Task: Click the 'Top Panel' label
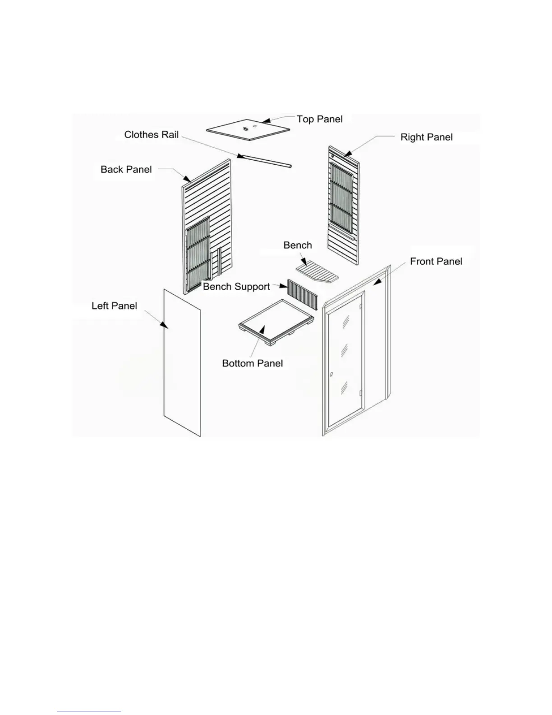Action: tap(319, 119)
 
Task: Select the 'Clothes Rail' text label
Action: tap(151, 135)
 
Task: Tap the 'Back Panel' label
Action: tap(126, 170)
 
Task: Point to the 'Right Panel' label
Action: tap(426, 137)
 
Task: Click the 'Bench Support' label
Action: tap(236, 287)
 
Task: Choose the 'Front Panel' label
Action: tap(436, 261)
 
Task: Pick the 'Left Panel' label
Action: tap(114, 306)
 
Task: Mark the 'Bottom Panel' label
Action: tap(252, 363)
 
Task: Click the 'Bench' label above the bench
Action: tap(297, 245)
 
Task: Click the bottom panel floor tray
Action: tap(277, 321)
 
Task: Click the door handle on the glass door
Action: tap(331, 375)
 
